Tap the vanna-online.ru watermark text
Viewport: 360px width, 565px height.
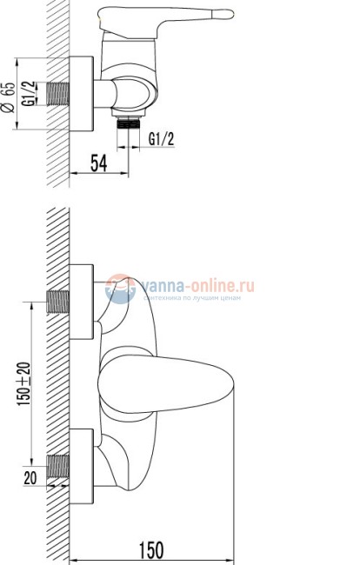(x=195, y=284)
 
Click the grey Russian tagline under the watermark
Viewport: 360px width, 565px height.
(x=195, y=298)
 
